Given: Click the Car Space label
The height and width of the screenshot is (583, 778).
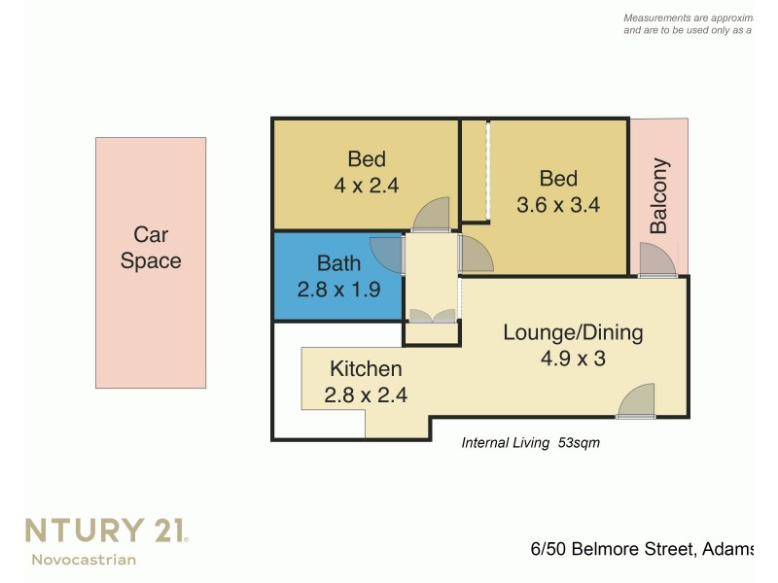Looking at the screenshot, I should click(151, 248).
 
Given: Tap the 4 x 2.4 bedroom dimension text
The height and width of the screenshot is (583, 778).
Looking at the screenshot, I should click(367, 185).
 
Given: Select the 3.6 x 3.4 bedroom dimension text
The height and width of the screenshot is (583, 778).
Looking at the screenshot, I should click(558, 205).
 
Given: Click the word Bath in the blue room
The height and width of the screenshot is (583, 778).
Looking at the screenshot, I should click(338, 262).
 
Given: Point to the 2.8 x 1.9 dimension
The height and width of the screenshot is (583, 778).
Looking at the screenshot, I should click(338, 289).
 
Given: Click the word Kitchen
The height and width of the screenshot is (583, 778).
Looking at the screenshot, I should click(366, 369).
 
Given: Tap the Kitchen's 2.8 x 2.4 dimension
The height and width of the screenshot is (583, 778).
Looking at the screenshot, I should click(366, 394).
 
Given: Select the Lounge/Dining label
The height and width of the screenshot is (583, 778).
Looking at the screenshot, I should click(573, 332).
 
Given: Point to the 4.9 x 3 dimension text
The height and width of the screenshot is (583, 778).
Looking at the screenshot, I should click(573, 359).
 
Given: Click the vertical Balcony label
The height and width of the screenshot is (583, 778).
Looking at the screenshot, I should click(658, 196).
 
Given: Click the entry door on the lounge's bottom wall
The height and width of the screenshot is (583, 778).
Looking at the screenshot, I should click(637, 401).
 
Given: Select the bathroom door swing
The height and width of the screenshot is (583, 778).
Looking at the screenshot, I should click(387, 254).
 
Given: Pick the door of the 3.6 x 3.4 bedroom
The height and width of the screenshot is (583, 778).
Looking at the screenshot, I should click(476, 254).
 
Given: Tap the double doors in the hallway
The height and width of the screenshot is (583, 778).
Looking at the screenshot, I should click(432, 315).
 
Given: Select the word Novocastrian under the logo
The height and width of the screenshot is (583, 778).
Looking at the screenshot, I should click(84, 559).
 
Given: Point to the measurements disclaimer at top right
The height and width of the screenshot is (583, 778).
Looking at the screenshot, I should click(687, 24).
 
